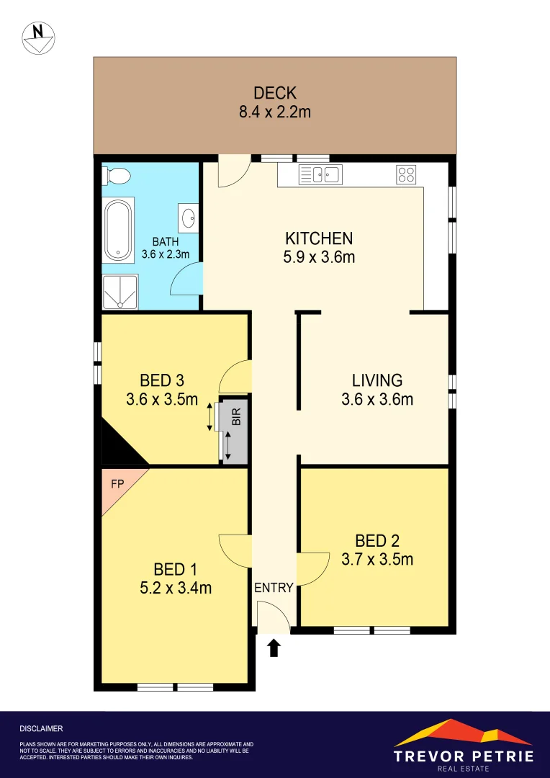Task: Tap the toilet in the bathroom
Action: point(117,175)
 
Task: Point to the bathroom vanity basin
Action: point(189,217)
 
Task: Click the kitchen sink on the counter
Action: point(320,174)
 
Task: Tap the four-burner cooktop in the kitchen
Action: point(405,174)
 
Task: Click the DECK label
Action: point(274,93)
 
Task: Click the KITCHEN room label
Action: point(319,238)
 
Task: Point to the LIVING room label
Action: point(377,380)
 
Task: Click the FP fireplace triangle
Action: point(117,484)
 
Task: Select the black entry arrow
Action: point(274,648)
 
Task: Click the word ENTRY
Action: point(274,588)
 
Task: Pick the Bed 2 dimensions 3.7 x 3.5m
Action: point(377,559)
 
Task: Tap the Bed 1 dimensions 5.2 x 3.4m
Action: point(176,588)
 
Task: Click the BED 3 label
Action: point(161,380)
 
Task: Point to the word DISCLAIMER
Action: point(41,729)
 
